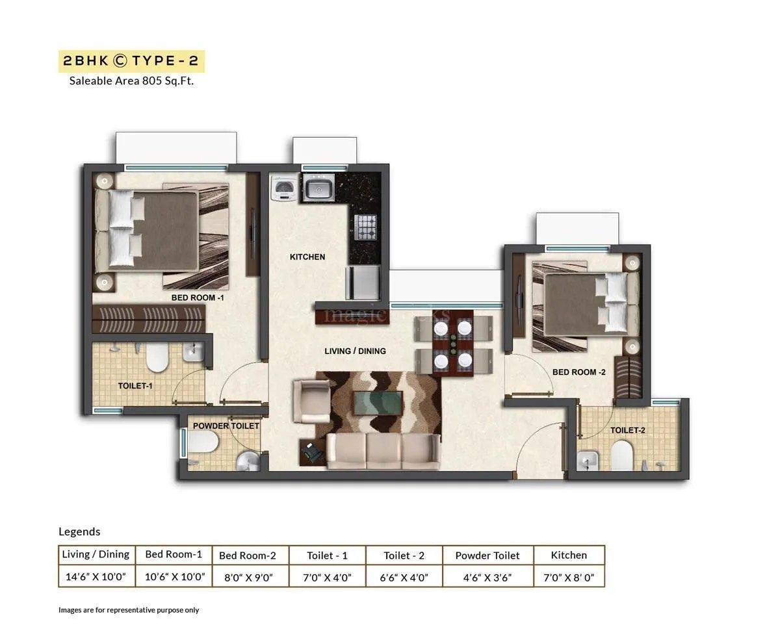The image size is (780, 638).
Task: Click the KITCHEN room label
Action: [307, 257]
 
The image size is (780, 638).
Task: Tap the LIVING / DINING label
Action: [355, 351]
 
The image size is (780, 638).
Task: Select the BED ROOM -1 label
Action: [198, 298]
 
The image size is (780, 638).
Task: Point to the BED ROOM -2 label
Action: [578, 372]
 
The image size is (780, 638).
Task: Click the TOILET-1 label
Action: [135, 386]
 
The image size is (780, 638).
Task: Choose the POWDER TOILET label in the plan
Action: [226, 426]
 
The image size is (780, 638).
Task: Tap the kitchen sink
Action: [318, 188]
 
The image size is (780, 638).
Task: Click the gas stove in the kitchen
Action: [365, 227]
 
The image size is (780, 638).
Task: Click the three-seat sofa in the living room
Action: [382, 451]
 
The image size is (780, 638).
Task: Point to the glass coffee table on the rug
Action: [378, 403]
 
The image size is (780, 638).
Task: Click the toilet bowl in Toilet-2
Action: [622, 455]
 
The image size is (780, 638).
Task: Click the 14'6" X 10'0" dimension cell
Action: [96, 576]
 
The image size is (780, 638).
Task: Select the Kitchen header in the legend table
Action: [569, 555]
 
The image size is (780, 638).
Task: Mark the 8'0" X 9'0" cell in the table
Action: [250, 576]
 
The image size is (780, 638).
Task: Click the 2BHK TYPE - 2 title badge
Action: [131, 61]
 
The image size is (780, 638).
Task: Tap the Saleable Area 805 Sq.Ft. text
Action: [131, 81]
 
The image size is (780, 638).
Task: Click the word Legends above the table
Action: [79, 531]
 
